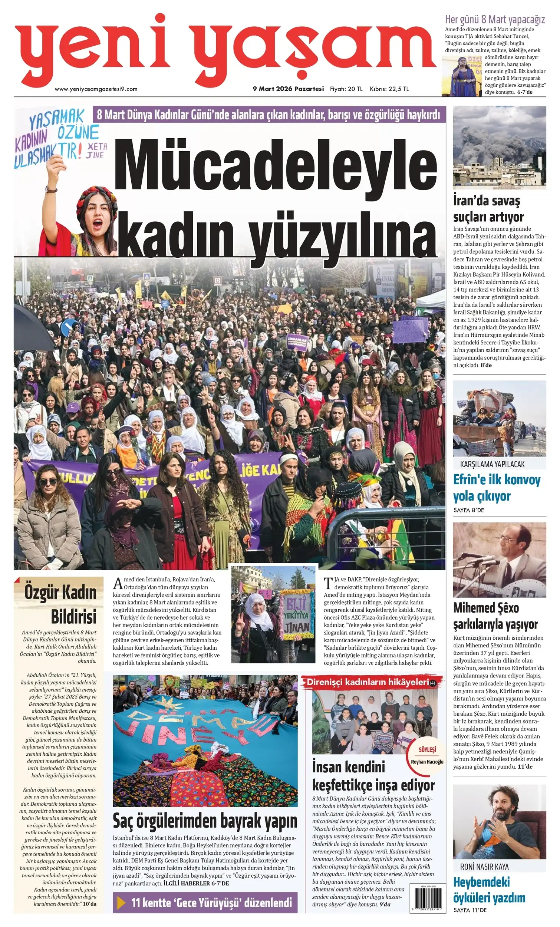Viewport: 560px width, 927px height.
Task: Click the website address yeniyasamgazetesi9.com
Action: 96,89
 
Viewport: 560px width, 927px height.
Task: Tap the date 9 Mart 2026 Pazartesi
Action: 288,89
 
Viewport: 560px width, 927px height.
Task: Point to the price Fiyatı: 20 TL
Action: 346,89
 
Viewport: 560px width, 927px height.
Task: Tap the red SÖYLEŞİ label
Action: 427,749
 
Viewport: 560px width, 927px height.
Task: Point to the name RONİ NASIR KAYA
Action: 484,867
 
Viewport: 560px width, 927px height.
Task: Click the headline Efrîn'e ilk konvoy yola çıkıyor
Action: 497,488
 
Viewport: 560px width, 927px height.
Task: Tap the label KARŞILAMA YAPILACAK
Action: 492,464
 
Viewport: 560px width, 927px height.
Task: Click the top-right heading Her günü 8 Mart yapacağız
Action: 495,19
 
